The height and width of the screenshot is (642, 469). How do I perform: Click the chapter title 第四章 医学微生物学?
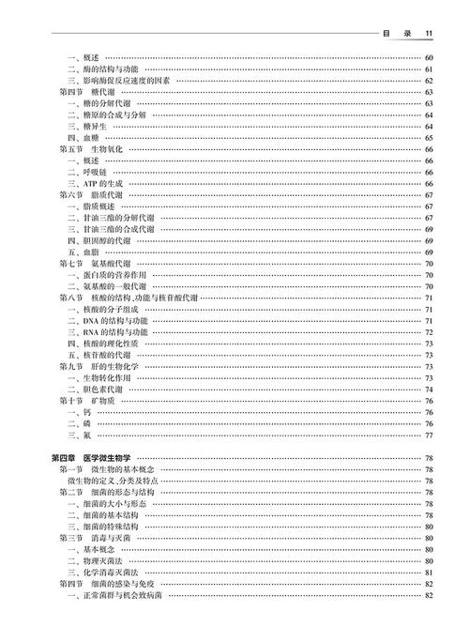(x=92, y=457)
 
